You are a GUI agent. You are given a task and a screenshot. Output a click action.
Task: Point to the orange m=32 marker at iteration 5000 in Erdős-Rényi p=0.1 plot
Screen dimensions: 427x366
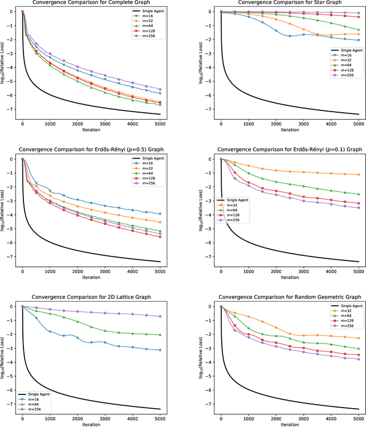point(359,175)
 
